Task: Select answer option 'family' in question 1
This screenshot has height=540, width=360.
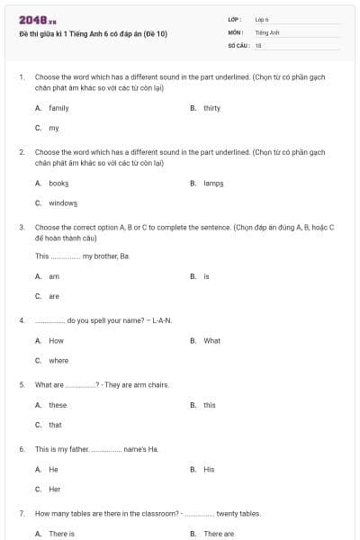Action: tap(58, 108)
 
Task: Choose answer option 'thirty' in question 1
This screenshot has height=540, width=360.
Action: tap(211, 108)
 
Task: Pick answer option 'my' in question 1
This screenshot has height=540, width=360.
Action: tap(54, 128)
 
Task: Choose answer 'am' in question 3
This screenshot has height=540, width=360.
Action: tap(54, 276)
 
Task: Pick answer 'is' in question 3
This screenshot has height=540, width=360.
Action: tap(206, 276)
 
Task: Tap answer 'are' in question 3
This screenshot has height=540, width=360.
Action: tap(54, 296)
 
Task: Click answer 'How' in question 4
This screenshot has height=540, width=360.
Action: tap(56, 341)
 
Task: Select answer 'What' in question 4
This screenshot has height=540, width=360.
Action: tap(211, 341)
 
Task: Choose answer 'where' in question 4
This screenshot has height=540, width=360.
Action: tap(58, 361)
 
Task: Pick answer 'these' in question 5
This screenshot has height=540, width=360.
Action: tap(58, 405)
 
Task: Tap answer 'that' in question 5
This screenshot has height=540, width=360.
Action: tap(55, 425)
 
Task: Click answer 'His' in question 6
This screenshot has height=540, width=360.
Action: tap(209, 470)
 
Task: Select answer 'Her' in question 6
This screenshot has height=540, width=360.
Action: tap(54, 490)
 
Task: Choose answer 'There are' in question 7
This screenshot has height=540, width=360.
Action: tap(218, 534)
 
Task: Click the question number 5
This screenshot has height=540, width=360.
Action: tap(21, 385)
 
